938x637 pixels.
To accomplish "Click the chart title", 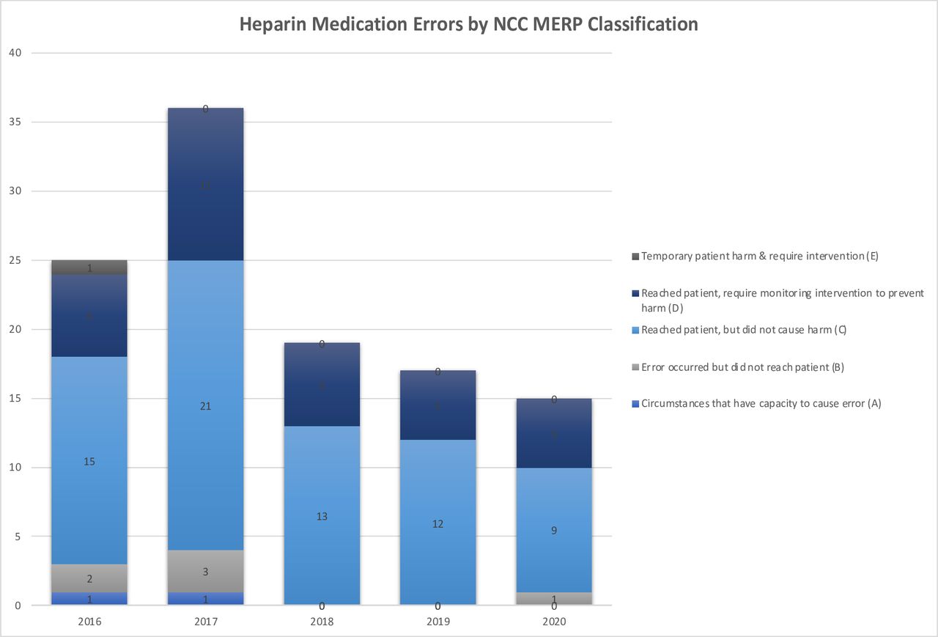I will click(469, 23).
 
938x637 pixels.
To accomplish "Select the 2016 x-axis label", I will click(89, 622).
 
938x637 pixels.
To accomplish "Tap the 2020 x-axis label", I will click(553, 622).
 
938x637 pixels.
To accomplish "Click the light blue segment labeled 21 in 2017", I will click(205, 405).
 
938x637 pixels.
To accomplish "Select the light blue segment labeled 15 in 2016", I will click(89, 460).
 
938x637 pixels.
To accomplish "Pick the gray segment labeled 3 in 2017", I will click(205, 571).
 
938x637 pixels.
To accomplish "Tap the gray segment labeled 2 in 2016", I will click(89, 578).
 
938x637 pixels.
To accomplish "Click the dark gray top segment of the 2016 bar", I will click(89, 268).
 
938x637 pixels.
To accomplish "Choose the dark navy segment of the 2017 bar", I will click(205, 185).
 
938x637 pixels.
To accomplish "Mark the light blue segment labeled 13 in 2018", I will click(322, 515).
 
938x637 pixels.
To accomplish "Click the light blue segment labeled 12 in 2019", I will click(437, 523).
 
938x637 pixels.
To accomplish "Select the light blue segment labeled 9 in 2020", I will click(553, 530).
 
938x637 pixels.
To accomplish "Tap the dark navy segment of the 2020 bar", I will click(553, 434).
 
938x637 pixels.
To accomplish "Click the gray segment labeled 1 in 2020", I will click(553, 598).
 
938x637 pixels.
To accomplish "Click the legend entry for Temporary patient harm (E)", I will click(759, 257).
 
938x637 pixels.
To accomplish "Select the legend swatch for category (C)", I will click(635, 330).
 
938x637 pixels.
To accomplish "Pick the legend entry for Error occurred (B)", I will click(742, 367).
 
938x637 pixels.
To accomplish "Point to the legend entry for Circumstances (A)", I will click(761, 403).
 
